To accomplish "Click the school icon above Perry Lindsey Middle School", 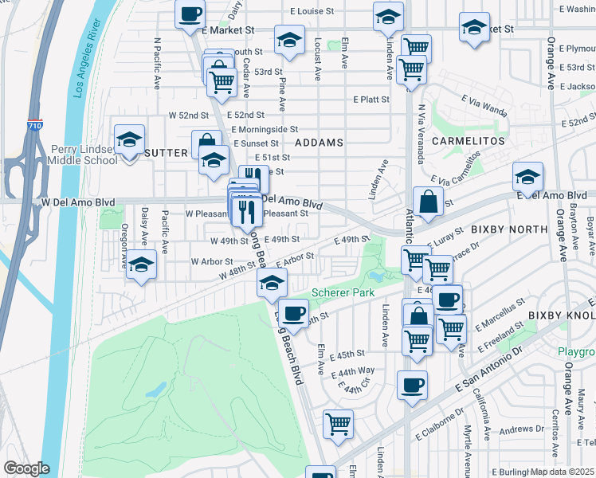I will point(129,140).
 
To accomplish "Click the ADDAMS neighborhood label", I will point(319,143).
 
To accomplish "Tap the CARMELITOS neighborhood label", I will point(469,140).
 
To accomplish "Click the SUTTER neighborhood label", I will point(166,151).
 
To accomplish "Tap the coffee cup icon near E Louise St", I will point(190,15).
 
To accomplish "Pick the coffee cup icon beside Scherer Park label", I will point(294,312).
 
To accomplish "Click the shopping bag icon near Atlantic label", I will point(428,202).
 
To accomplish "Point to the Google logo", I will point(26,468).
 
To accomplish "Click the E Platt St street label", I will point(371,100).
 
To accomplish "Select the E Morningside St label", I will point(265,129).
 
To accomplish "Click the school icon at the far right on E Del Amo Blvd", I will point(527,177).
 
